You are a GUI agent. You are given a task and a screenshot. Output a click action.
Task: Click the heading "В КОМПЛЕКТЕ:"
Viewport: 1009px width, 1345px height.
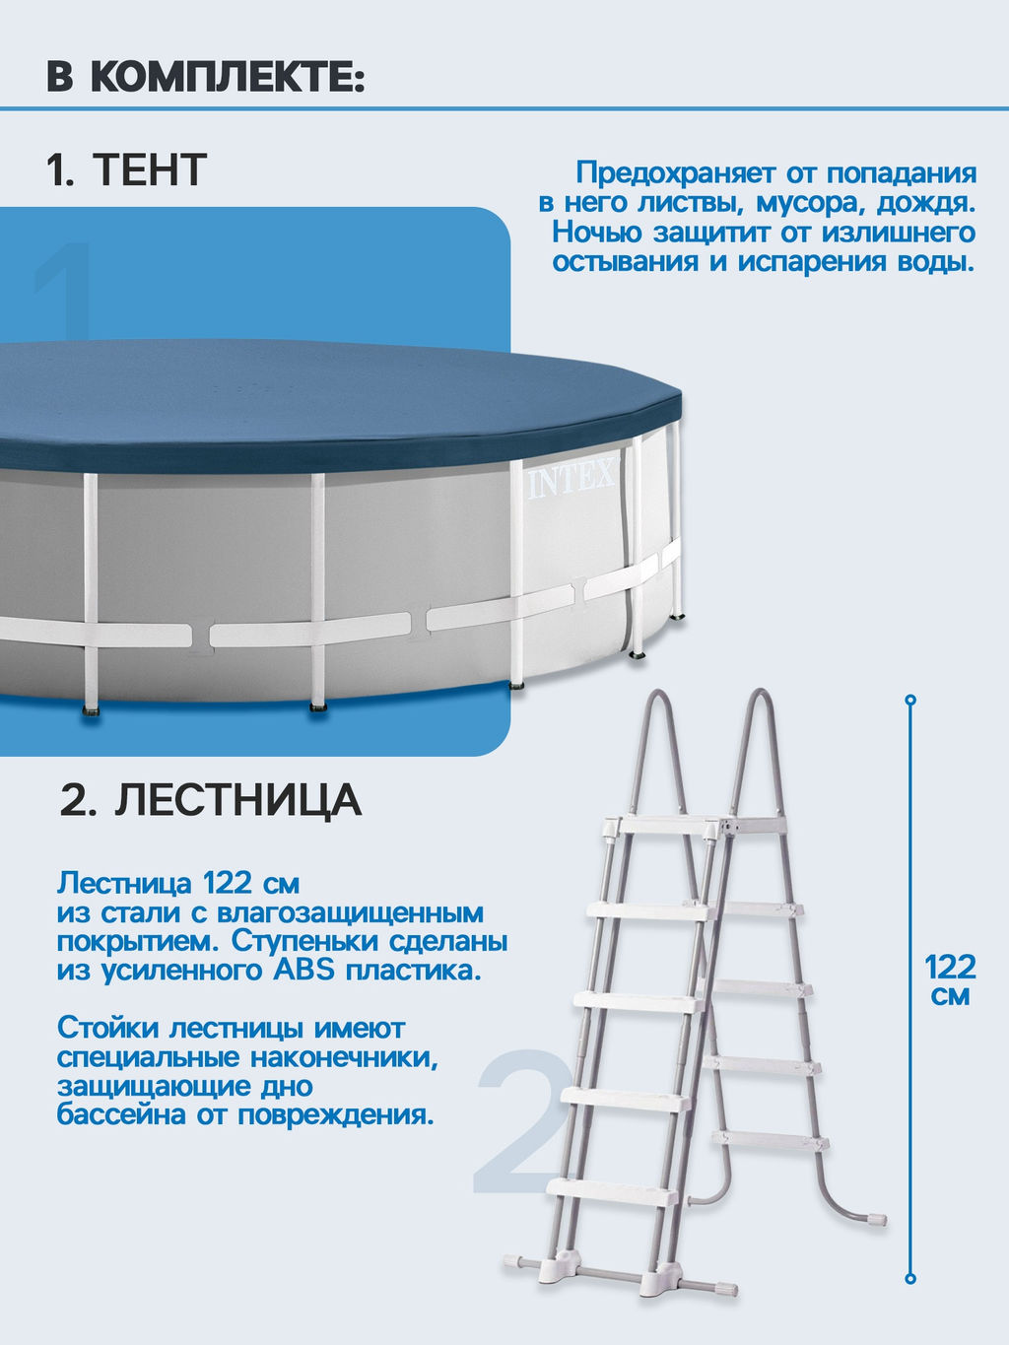[206, 76]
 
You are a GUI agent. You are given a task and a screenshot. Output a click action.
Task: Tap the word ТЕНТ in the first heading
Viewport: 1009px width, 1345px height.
[150, 169]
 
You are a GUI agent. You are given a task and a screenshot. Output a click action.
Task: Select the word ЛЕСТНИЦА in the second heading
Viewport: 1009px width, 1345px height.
[237, 799]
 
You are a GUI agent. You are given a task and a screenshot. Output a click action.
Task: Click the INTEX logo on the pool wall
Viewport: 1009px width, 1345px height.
[572, 482]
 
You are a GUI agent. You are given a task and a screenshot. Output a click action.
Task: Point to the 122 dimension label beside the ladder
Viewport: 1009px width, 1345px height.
[950, 966]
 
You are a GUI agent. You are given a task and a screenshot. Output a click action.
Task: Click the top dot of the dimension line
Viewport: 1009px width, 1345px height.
[910, 700]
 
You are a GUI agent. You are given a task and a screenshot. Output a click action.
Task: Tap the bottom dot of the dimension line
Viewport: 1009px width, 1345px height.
[910, 1279]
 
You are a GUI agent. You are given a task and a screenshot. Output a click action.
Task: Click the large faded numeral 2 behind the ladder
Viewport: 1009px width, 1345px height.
[520, 1123]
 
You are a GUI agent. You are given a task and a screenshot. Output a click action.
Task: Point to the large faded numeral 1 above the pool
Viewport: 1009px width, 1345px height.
[65, 291]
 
